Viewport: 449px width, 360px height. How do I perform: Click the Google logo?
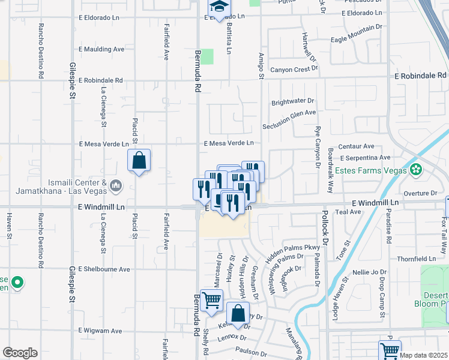(x=20, y=353)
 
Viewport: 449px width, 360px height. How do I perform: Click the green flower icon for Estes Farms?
(x=416, y=170)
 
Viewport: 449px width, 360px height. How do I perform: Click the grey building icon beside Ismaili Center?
(x=115, y=187)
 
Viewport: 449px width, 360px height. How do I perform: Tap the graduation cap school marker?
(x=218, y=7)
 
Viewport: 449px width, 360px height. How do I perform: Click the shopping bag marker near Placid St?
(x=139, y=161)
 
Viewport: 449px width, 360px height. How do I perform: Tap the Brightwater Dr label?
(x=293, y=102)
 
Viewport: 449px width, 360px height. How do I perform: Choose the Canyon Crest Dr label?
(x=294, y=70)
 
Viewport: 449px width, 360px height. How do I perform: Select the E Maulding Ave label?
(x=101, y=49)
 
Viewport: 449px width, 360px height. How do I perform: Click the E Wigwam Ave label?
(x=100, y=331)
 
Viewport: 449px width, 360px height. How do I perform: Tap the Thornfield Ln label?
(x=415, y=259)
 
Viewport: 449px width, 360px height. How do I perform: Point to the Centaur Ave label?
(x=357, y=146)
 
